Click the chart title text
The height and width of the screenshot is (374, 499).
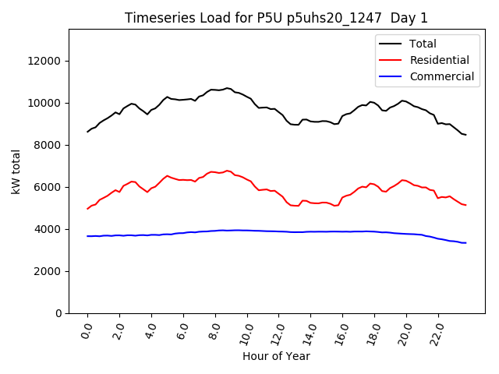[x=277, y=18]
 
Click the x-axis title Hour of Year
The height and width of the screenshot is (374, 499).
[x=276, y=356]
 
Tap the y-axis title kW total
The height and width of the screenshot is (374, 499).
[x=16, y=171]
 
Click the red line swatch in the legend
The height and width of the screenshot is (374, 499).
[x=392, y=60]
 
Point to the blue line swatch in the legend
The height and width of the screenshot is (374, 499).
[x=392, y=76]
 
